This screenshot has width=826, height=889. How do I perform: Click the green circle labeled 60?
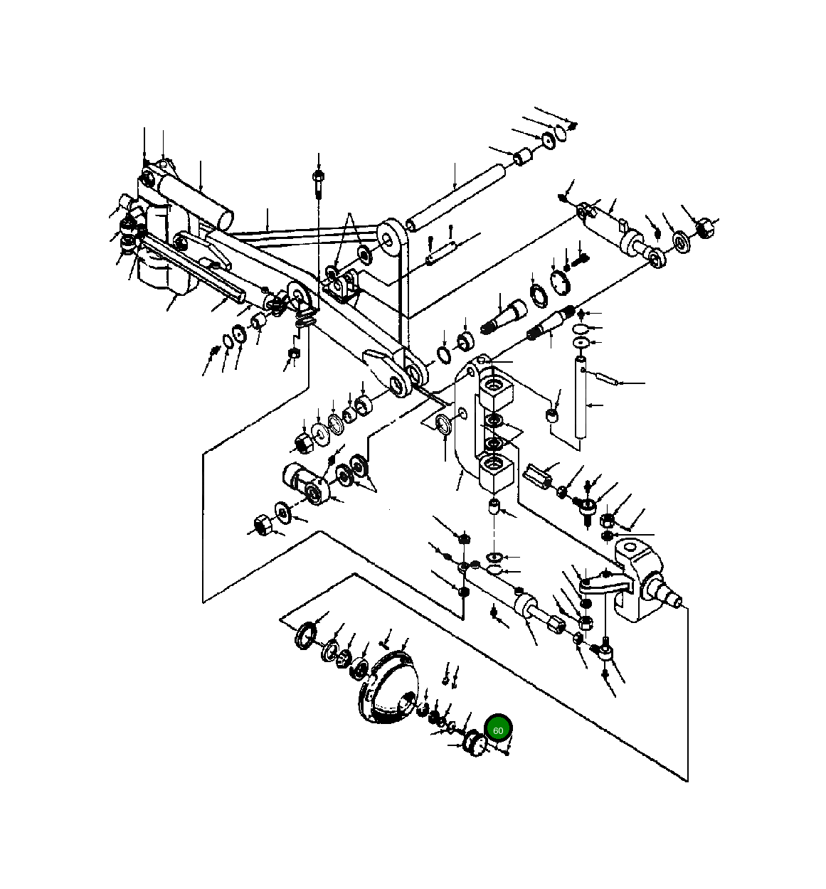[x=498, y=730]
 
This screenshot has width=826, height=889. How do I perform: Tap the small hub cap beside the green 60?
[x=475, y=745]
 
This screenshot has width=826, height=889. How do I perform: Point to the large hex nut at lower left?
[x=260, y=526]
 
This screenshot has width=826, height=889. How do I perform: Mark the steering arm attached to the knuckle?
[x=605, y=585]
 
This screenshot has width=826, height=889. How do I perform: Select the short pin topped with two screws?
[x=441, y=251]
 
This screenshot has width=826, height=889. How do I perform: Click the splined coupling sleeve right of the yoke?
[x=540, y=474]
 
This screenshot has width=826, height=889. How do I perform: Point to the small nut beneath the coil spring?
[x=293, y=355]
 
